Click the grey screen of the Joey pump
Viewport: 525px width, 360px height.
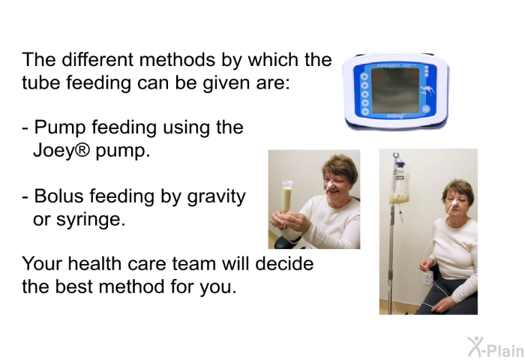[x=395, y=91]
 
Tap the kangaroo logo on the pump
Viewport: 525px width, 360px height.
[x=428, y=90]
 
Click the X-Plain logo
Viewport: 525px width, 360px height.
[x=496, y=347]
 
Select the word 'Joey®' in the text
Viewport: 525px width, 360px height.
[x=61, y=151]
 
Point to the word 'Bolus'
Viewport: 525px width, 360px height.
[x=58, y=196]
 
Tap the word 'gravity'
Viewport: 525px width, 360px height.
[x=216, y=197]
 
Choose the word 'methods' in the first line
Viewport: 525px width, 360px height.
[x=177, y=60]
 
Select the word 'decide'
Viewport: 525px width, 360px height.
[x=284, y=263]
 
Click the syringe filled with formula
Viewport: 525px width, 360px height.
[x=286, y=197]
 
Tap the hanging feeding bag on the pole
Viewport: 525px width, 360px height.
[x=400, y=182]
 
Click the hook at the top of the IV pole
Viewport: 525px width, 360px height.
[x=397, y=156]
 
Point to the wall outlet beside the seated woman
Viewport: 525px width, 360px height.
[x=428, y=278]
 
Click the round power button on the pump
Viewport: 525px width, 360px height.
[x=426, y=109]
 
